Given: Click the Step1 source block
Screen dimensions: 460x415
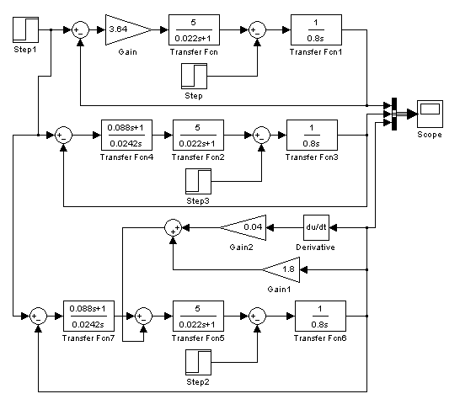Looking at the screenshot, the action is pos(26,29).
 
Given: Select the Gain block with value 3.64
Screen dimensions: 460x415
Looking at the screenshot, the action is pos(129,29).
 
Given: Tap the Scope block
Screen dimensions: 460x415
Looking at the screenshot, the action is pos(430,114).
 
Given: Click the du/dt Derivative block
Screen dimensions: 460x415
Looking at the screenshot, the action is pos(316,227).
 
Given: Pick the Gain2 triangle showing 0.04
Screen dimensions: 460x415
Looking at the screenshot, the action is pos(243,227).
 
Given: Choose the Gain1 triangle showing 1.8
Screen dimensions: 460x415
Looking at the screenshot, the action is pos(281,269).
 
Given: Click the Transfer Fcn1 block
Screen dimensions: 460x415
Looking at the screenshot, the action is pos(316,29).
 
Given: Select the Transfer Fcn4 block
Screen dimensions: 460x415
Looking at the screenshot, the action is pos(126,136).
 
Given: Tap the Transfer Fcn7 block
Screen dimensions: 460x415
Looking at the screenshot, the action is pos(89,316).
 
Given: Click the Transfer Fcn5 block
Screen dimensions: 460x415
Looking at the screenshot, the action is pos(198,316).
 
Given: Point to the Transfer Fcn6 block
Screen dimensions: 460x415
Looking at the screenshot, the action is pos(320,316).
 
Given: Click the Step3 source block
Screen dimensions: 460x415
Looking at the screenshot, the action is pos(198,181).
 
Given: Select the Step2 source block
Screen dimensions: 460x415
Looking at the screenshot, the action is pos(198,362).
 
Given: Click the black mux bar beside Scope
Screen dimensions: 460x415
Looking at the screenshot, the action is pos(394,114).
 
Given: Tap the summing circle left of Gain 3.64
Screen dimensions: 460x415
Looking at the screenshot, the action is pos(80,29).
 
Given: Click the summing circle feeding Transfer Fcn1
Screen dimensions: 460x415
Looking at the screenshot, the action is pos(257,29).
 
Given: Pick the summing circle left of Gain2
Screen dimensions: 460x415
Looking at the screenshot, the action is pos(173,227).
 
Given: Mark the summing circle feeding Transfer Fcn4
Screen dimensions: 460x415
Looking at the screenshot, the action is pos(64,136).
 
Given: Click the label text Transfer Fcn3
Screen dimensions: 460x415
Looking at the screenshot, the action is pos(312,157).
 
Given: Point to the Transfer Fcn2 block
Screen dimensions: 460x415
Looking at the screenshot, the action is pos(198,136).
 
